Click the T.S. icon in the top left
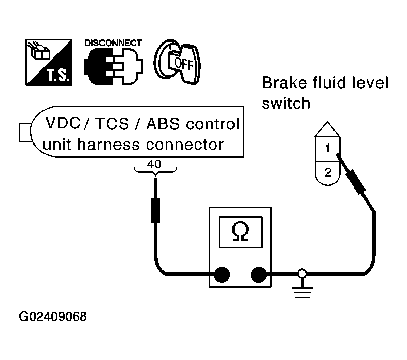coord(50,61)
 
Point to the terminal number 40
coord(155,164)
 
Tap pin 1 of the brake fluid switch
coord(327,149)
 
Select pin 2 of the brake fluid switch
coord(327,172)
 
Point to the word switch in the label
coord(286,104)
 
